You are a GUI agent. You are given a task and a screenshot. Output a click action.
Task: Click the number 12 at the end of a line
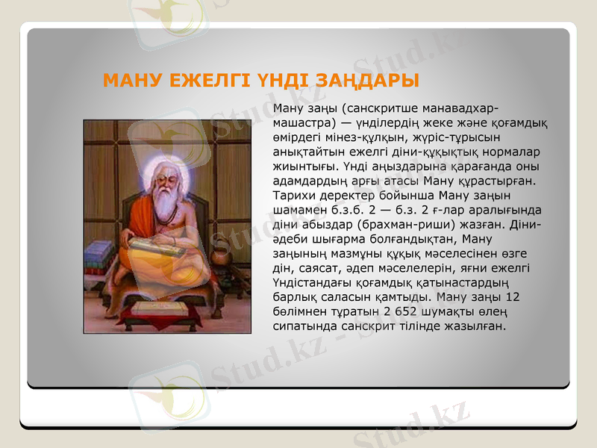tap(512, 296)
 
